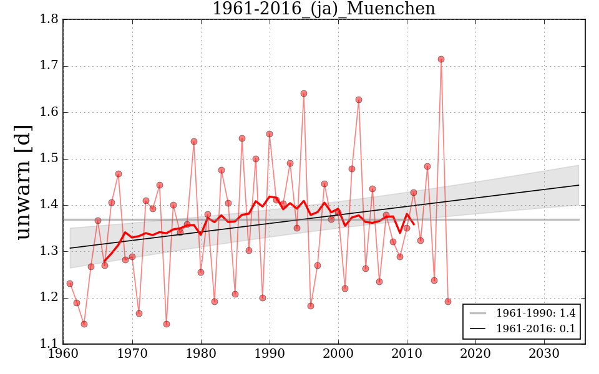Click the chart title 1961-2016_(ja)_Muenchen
point(324,9)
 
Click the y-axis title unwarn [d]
point(23,181)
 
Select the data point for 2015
point(441,59)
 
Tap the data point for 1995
point(304,93)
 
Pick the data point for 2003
point(359,100)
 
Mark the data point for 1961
point(70,284)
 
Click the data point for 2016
point(448,302)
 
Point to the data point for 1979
point(194,141)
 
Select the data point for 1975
point(167,324)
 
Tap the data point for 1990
point(270,134)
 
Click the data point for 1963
point(84,324)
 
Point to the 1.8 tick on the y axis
point(50,20)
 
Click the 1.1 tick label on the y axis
point(50,344)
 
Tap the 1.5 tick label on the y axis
point(50,159)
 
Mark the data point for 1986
point(242,138)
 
